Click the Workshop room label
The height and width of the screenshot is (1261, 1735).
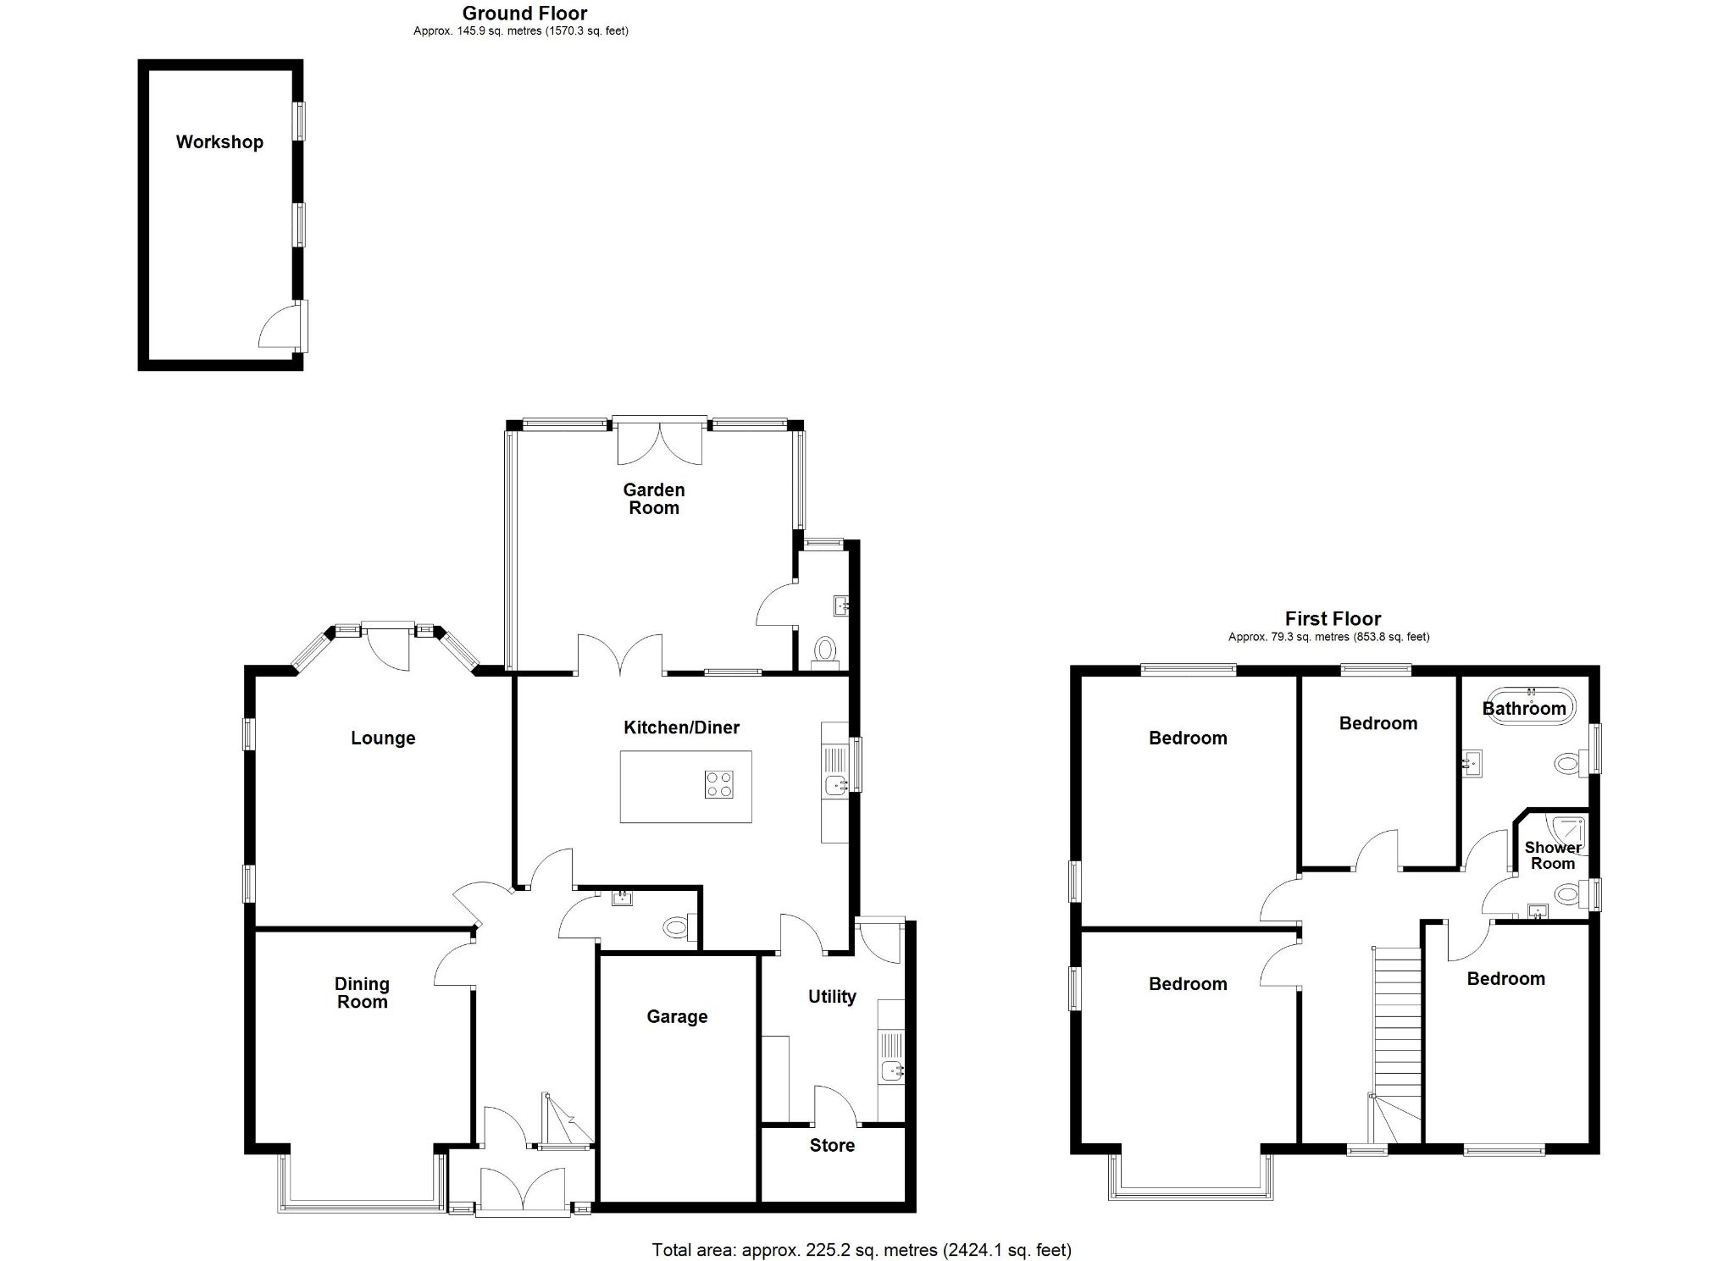point(219,142)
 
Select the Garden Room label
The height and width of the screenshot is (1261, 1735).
point(653,499)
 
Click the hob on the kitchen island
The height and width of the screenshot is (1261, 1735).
point(718,784)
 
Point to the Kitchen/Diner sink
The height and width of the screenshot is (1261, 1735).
point(835,785)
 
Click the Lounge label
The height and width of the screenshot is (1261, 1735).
point(383,738)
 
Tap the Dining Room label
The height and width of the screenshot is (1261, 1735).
point(362,993)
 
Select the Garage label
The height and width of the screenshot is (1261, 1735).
point(676,1016)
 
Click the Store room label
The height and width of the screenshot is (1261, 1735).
point(832,1146)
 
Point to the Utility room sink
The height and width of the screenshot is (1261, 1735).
point(891,1070)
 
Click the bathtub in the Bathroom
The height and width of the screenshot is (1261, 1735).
point(1529,705)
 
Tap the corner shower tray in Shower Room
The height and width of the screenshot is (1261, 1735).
point(1568,830)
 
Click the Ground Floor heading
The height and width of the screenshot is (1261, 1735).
point(524,13)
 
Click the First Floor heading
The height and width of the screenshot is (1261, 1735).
point(1333,619)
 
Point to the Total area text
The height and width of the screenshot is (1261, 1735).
point(862,1249)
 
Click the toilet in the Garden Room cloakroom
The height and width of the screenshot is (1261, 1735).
point(824,651)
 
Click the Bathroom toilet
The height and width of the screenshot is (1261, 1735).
point(1569,763)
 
